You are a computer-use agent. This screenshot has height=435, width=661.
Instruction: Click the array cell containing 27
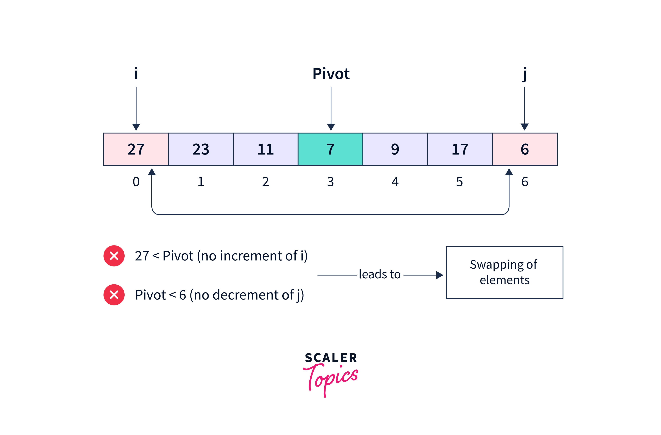tap(136, 149)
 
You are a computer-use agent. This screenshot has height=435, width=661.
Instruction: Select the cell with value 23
tap(201, 149)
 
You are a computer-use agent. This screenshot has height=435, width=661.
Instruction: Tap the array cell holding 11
tap(265, 149)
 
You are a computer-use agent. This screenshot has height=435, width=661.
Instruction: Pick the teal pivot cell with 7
tap(330, 149)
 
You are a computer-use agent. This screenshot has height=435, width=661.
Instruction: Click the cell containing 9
tap(395, 149)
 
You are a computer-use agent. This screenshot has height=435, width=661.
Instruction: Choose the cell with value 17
tap(460, 149)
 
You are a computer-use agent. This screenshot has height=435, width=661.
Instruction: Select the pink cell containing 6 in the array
tap(525, 149)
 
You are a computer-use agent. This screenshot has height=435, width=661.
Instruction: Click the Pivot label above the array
tap(331, 74)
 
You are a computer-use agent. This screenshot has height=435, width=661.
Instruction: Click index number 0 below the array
tap(136, 182)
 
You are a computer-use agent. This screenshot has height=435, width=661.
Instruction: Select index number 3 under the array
tap(330, 182)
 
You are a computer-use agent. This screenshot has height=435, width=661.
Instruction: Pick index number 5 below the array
tap(459, 182)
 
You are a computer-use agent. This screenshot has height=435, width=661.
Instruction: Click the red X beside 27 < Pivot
tap(114, 256)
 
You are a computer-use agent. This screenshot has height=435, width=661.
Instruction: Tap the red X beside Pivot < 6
tap(114, 295)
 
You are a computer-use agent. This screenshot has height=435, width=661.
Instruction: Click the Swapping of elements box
tap(504, 273)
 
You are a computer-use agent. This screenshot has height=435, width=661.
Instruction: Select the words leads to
tap(379, 274)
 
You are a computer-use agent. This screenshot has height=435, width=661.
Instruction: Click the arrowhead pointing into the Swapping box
tap(439, 275)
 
